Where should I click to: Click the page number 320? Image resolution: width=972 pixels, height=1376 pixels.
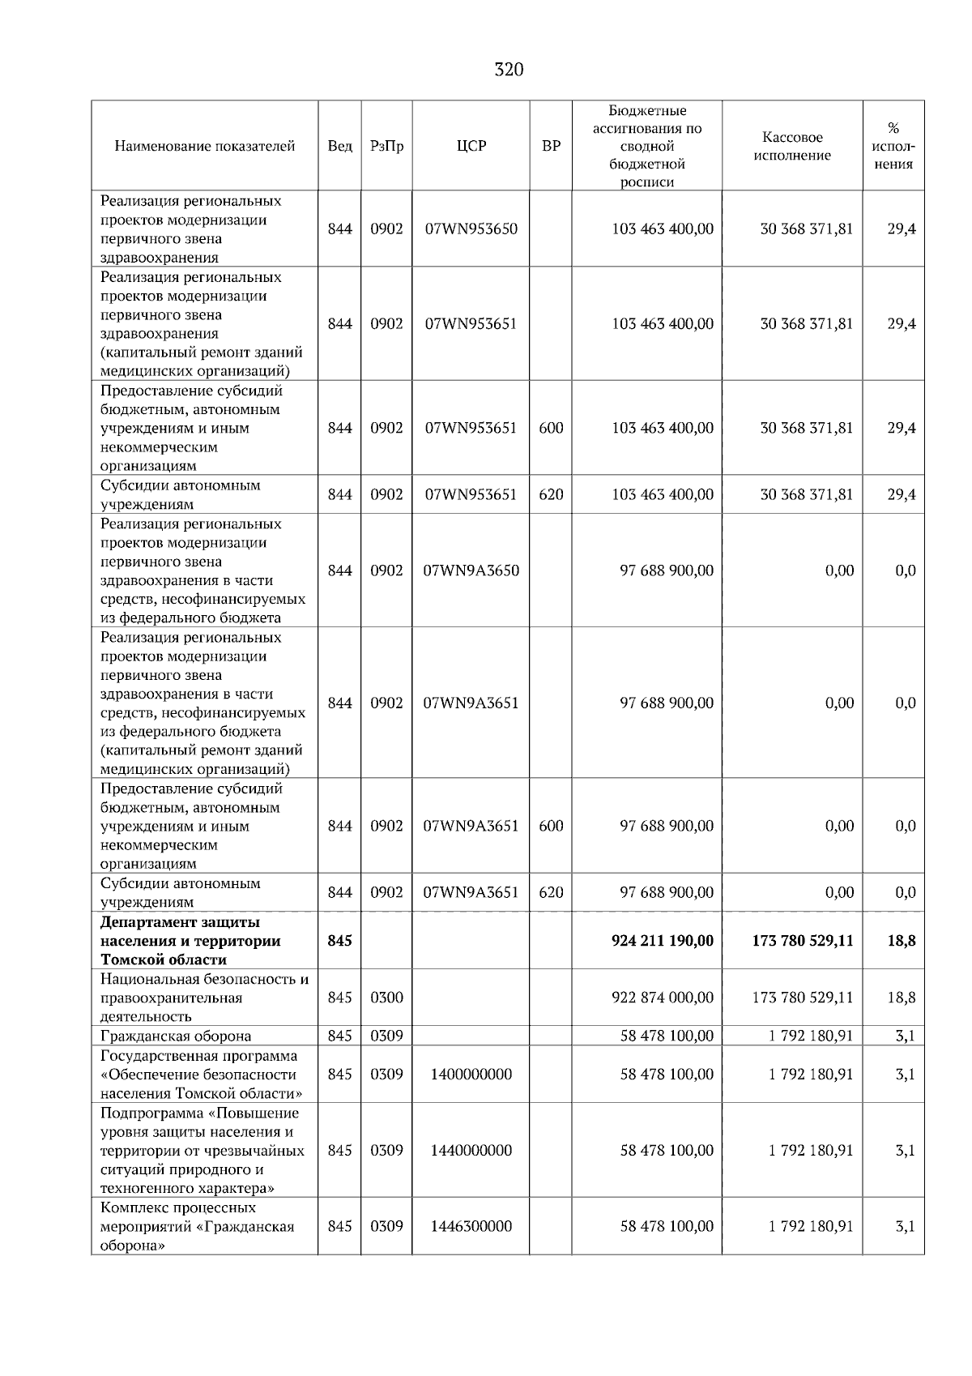pos(509,70)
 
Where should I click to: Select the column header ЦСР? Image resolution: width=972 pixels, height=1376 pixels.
pos(471,147)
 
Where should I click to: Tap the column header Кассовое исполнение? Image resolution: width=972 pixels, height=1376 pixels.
pos(791,147)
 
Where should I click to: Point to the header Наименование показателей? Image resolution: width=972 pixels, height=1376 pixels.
pos(204,147)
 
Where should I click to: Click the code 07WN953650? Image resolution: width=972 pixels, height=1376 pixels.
pos(471,229)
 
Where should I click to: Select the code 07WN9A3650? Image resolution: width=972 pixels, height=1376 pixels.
pos(471,570)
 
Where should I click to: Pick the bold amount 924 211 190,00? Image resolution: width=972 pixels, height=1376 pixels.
pos(663,941)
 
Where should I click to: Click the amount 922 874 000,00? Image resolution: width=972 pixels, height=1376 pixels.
pos(663,998)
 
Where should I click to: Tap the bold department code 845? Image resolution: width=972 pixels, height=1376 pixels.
pos(339,941)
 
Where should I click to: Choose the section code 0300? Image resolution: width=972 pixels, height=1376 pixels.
pos(386,998)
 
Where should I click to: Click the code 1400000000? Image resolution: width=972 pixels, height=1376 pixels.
pos(471,1075)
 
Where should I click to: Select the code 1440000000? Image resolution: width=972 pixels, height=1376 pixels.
pos(471,1151)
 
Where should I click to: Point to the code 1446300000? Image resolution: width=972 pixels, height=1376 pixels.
pos(471,1227)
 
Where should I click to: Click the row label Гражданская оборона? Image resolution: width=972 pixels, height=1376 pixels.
pos(176,1036)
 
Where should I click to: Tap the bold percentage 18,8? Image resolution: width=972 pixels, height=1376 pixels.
pos(901,941)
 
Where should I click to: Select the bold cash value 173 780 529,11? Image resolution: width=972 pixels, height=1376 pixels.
pos(802,941)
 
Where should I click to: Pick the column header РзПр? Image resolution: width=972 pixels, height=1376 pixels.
pos(386,147)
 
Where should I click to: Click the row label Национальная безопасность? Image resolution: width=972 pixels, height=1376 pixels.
pos(204,980)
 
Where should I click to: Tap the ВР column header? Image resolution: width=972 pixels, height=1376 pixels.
pos(551,147)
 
